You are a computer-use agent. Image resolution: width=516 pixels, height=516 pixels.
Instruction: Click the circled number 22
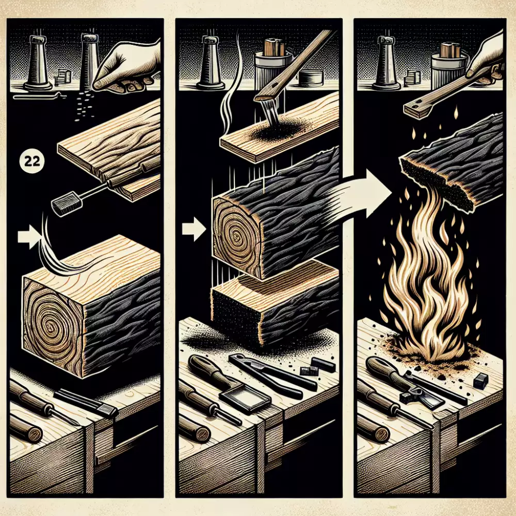pyautogui.click(x=32, y=161)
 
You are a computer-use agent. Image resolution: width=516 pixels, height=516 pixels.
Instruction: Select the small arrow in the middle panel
pyautogui.click(x=194, y=229)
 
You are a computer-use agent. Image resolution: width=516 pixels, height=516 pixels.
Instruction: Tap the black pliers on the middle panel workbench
pyautogui.click(x=273, y=375)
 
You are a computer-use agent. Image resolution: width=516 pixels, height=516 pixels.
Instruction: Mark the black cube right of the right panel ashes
pyautogui.click(x=480, y=382)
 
